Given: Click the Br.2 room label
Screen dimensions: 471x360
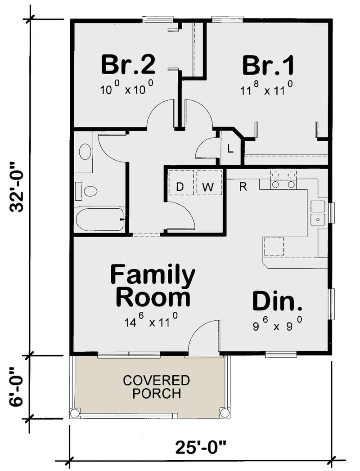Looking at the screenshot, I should coord(128,65).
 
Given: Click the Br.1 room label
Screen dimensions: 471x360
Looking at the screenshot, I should coord(269,65).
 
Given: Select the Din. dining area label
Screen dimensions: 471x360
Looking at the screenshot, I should coord(276,301).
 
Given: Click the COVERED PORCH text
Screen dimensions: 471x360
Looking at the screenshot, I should coord(157,387).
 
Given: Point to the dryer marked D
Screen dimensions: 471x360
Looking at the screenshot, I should coord(180,187).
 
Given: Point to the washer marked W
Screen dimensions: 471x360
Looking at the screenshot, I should coord(207,187).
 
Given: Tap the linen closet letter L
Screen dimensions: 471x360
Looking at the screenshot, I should coord(230,148).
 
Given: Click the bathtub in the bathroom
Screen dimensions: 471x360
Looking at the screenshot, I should coord(99,220).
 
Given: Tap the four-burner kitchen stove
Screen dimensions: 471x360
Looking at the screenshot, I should coord(283,179).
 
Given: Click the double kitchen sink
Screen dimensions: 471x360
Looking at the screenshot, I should coord(318,213).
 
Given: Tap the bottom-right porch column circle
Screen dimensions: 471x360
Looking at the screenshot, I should coord(224,413).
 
